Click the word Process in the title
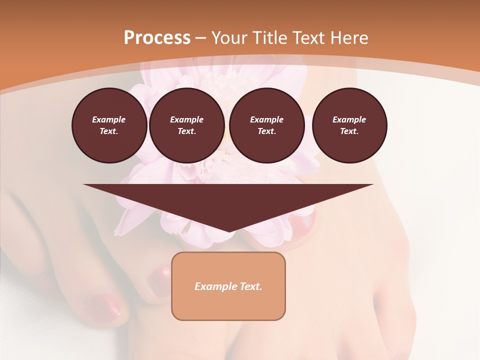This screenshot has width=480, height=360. click(157, 38)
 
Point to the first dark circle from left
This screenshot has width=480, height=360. click(109, 125)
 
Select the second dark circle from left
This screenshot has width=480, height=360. click(187, 125)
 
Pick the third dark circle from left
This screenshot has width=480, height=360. click(267, 125)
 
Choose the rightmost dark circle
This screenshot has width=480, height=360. click(349, 125)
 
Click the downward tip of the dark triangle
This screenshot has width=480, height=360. click(228, 230)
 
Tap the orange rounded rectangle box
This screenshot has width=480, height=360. click(228, 305)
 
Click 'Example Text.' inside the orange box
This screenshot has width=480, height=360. click(228, 286)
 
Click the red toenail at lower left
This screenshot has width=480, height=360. click(102, 305)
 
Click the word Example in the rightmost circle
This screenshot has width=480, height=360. click(349, 119)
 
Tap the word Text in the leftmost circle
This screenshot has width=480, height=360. click(108, 131)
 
